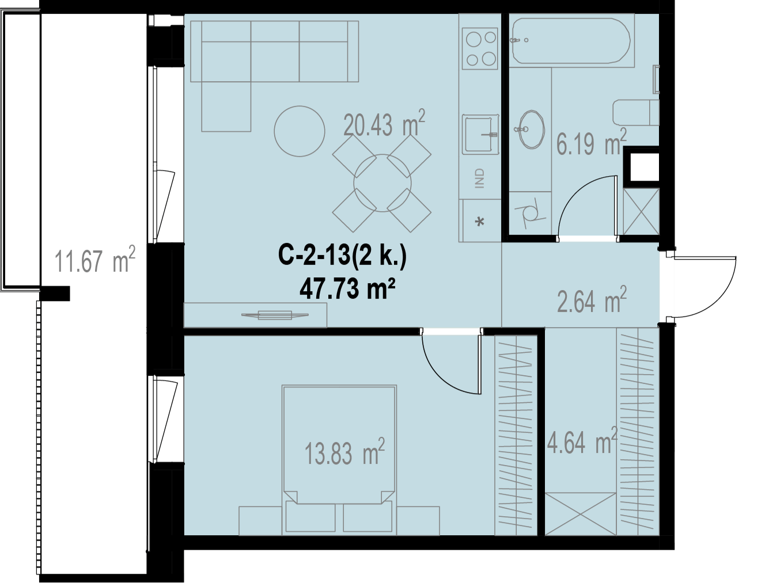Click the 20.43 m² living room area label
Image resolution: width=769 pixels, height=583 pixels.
tap(384, 124)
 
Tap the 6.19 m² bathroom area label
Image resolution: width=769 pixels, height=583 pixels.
tap(591, 142)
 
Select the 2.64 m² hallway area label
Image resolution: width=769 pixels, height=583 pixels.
tap(592, 299)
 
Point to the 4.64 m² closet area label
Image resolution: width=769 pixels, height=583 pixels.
tap(582, 441)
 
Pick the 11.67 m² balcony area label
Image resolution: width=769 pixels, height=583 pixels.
tap(94, 260)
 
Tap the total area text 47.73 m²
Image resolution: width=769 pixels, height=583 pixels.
tap(347, 289)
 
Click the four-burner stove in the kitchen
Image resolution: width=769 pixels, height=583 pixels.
tap(480, 49)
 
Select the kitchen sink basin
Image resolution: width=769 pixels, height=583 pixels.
tap(480, 134)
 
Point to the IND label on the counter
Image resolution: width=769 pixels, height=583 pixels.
tap(480, 178)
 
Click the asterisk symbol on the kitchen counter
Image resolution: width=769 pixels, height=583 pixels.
tap(480, 222)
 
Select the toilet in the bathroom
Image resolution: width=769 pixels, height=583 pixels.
tap(636, 113)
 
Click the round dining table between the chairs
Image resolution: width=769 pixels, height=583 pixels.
tap(382, 183)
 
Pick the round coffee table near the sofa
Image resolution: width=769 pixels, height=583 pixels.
tap(299, 131)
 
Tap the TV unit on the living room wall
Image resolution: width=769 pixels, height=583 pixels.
tap(255, 315)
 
